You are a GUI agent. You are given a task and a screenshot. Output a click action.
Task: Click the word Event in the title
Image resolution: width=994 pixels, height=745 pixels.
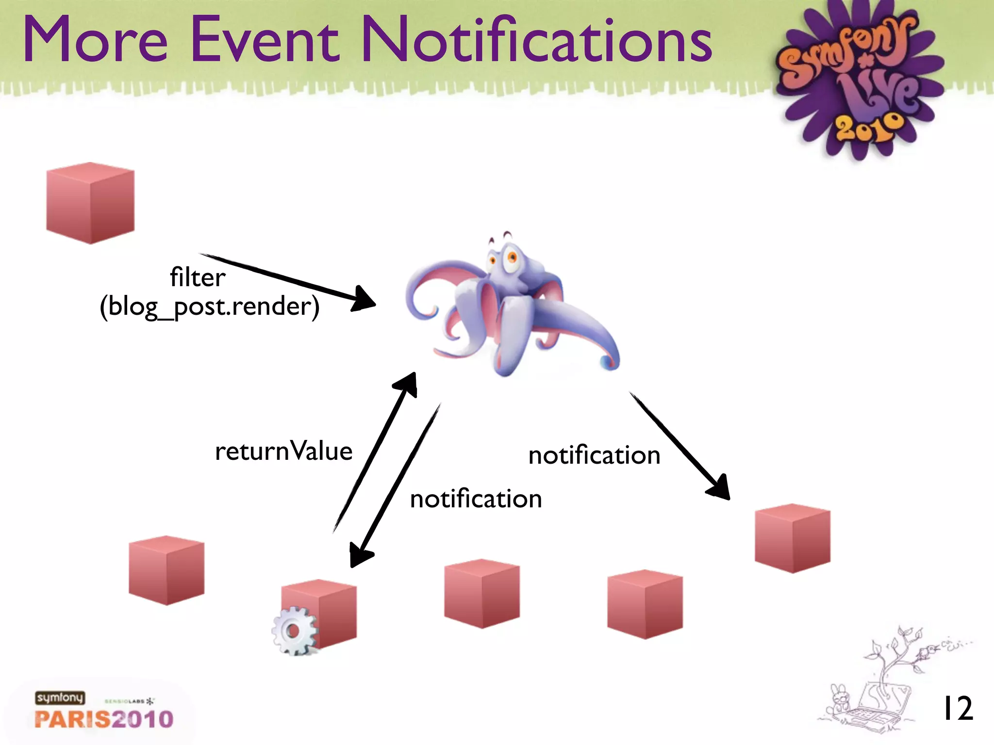coord(265,40)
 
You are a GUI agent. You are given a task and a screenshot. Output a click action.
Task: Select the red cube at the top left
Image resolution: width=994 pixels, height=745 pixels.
coord(90,203)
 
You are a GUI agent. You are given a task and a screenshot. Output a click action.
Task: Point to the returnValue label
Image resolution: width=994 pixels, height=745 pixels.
coord(283,451)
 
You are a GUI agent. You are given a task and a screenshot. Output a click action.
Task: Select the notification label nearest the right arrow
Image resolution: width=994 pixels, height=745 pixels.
coord(594,455)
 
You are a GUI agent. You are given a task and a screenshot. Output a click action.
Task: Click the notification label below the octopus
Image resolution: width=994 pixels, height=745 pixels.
coord(476,499)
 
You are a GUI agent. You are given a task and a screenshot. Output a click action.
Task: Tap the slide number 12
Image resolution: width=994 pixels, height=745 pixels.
coord(957,709)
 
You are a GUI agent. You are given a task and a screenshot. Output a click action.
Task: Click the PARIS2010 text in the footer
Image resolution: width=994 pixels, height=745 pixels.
coord(104,719)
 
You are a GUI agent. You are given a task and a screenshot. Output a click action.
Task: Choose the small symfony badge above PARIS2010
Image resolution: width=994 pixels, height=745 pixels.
coord(60,697)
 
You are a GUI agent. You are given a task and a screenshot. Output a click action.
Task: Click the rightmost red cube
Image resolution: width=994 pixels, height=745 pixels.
coord(793,538)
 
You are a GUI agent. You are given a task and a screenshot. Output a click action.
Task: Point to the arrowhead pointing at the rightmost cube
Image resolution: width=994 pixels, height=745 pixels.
coord(719,487)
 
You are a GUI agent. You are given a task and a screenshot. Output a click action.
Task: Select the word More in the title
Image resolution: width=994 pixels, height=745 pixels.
coord(95,40)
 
